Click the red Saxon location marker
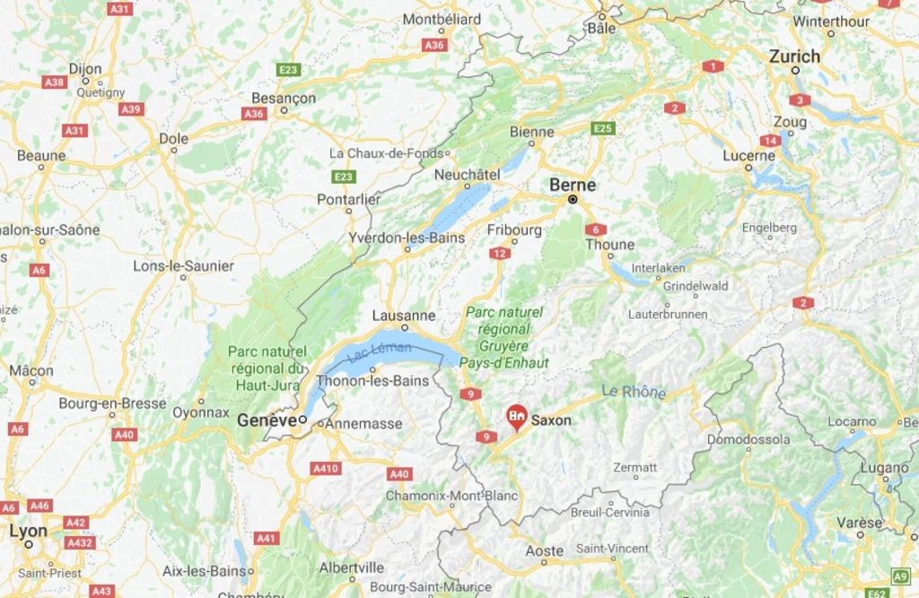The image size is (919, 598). pos(516,416)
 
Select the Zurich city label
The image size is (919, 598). pos(794,56)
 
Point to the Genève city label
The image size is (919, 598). pos(266,420)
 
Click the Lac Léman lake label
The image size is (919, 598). pos(378,351)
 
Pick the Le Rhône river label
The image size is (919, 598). pos(634,392)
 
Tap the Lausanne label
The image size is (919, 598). pos(404,316)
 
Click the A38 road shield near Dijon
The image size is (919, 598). pos(55,82)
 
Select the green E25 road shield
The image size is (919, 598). pos(603,129)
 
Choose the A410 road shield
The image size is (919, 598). pos(325,468)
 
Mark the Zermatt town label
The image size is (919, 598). pos(635,467)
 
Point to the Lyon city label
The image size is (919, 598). pos(28,530)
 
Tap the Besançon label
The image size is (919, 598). pos(284,98)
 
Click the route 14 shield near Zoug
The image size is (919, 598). pos(770,141)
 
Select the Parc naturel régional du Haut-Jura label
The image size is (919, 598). pos(267,368)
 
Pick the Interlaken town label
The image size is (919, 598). pos(658,267)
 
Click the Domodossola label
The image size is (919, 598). pos(748,439)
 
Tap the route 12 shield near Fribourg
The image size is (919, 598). pos(500,254)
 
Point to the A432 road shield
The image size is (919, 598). pos(80,542)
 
